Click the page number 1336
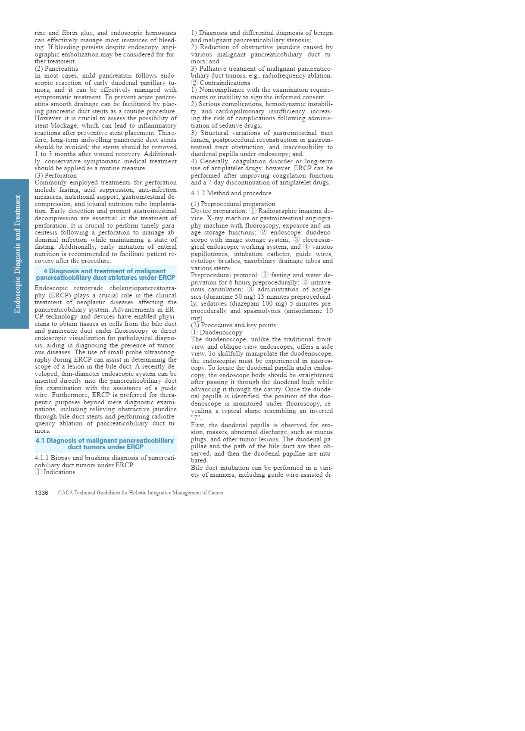point(41,493)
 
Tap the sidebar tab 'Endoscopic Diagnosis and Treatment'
point(18,254)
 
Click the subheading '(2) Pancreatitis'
point(56,69)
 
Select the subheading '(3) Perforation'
point(56,175)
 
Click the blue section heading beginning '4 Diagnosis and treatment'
point(105,274)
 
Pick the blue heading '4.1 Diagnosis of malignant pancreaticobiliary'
point(105,444)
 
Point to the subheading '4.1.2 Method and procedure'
point(231,193)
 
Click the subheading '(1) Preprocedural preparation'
point(233,204)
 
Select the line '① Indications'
point(55,472)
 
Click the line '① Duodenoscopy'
point(217,332)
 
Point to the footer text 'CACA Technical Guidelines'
point(141,493)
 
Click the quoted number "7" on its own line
point(196,418)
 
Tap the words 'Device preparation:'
point(219,211)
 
